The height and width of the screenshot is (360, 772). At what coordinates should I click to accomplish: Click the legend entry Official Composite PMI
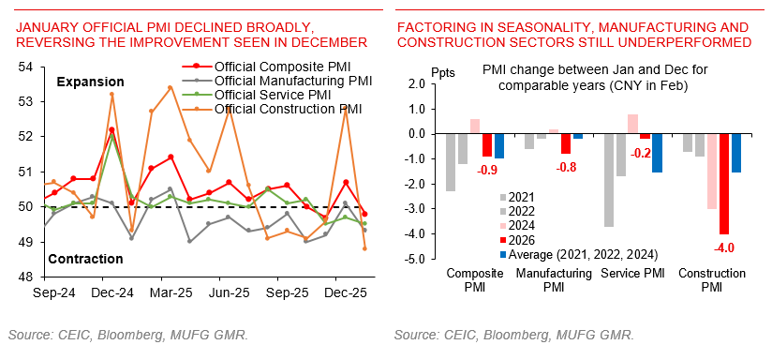tap(278, 67)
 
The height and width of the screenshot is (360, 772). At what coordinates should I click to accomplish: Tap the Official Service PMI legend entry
tap(272, 95)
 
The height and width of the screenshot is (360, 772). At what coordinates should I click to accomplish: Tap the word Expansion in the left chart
tap(91, 83)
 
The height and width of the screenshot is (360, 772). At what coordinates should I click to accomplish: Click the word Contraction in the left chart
tap(85, 259)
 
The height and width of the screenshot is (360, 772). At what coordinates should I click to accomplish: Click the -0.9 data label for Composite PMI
tap(487, 171)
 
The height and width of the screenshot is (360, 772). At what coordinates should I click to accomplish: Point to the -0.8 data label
tap(566, 168)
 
